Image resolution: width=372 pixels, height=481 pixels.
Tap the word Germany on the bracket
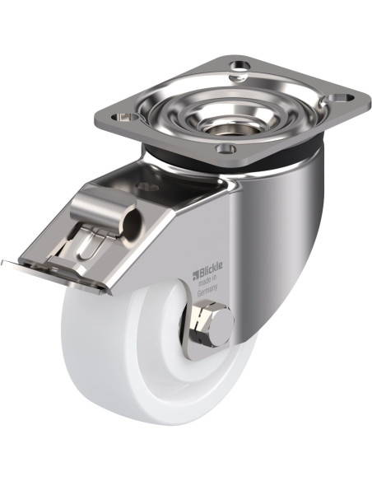[207, 291]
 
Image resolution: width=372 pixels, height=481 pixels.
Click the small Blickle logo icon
[196, 275]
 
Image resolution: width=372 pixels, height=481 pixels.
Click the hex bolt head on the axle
[212, 323]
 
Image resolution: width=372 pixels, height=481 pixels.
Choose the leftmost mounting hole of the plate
[124, 117]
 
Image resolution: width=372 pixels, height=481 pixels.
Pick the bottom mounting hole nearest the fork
[226, 149]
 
